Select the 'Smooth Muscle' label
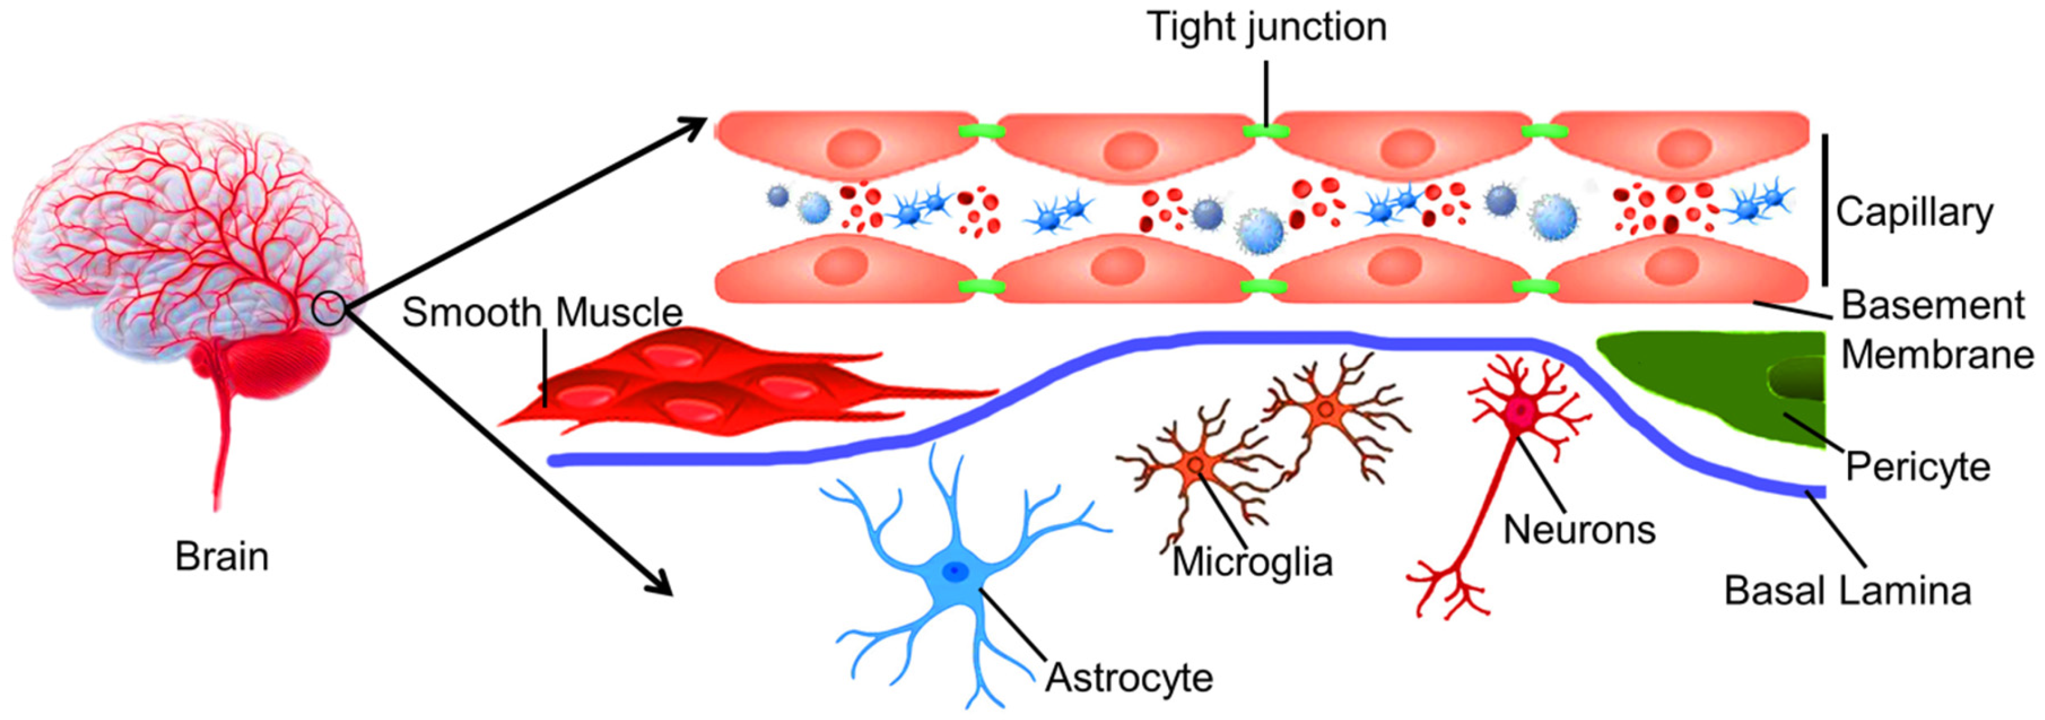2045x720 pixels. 542,313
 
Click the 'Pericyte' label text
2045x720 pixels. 1917,467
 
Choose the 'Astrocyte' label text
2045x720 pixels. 1128,678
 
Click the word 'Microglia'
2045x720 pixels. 1252,563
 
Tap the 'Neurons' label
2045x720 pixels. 1579,530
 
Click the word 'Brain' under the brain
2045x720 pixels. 221,557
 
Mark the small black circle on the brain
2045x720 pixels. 328,309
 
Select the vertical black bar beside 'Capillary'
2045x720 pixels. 1824,210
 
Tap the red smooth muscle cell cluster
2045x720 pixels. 699,389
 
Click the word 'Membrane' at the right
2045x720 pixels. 1936,355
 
